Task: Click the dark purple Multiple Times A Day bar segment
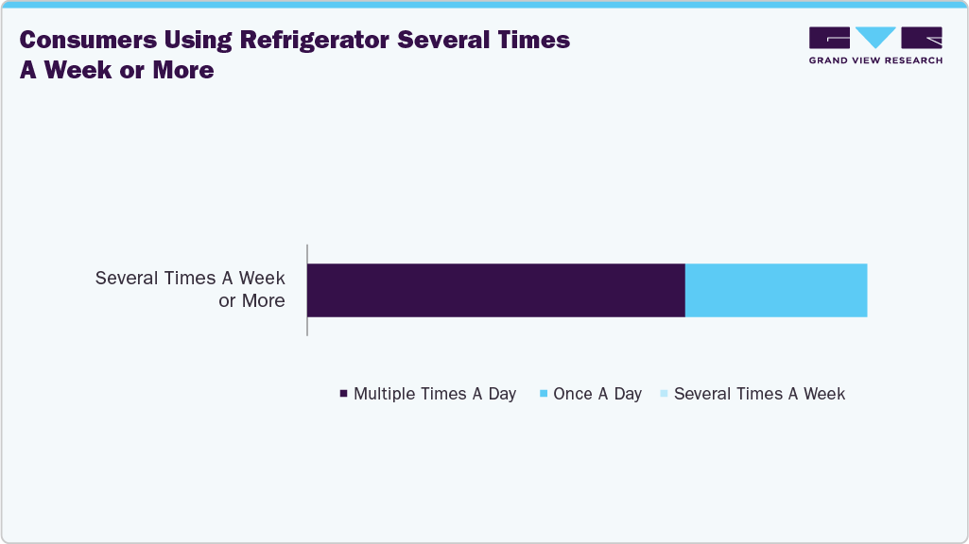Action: point(495,290)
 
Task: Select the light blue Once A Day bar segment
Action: point(775,290)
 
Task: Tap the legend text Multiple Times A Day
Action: point(434,394)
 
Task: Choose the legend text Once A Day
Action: point(597,394)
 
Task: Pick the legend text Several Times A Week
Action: point(759,394)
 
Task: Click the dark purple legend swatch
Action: point(343,394)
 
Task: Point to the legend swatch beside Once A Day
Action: point(544,394)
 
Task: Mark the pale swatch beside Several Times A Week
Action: point(664,394)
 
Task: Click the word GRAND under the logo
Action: point(830,60)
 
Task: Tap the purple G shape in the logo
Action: point(829,38)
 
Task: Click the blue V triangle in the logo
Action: point(875,37)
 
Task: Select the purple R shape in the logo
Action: point(922,38)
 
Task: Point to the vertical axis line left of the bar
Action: point(307,290)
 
